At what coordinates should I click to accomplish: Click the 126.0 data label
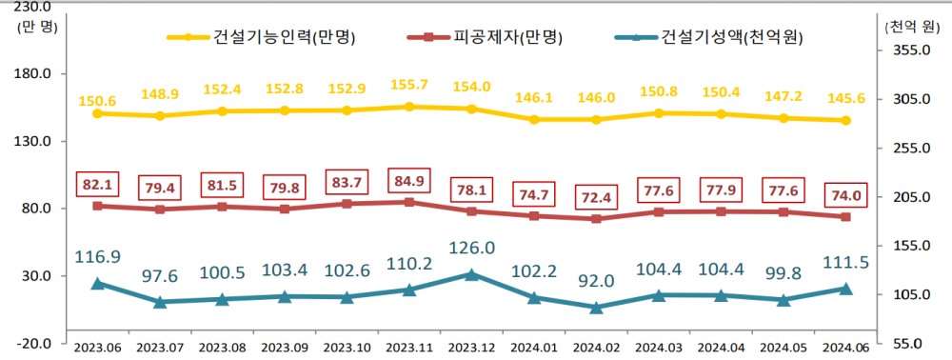[471, 248]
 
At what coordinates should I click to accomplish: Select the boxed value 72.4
[596, 196]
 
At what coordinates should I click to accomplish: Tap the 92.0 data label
[596, 282]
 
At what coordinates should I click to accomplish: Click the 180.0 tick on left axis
[36, 73]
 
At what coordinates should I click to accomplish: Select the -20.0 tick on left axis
[36, 344]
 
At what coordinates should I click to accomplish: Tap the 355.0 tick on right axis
[909, 50]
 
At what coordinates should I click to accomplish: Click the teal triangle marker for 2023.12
[471, 274]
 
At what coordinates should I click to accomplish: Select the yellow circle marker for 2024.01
[534, 120]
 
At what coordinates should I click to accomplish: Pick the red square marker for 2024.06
[845, 217]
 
